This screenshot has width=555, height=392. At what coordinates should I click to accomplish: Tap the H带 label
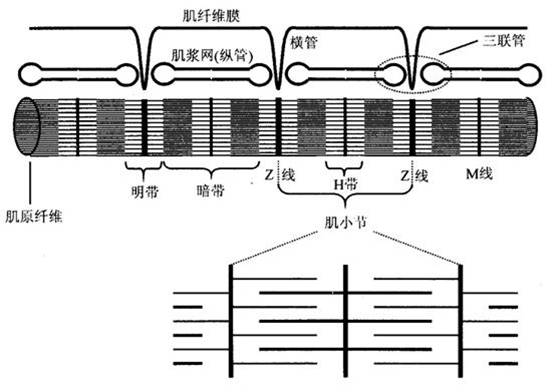coord(344,185)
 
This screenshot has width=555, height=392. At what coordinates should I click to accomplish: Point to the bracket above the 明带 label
coord(144,164)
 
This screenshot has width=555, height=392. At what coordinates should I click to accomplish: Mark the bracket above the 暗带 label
coord(207,164)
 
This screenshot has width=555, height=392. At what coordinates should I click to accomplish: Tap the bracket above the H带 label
coord(344,164)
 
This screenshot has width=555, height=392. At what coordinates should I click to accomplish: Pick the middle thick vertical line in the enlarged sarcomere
coord(345,314)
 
